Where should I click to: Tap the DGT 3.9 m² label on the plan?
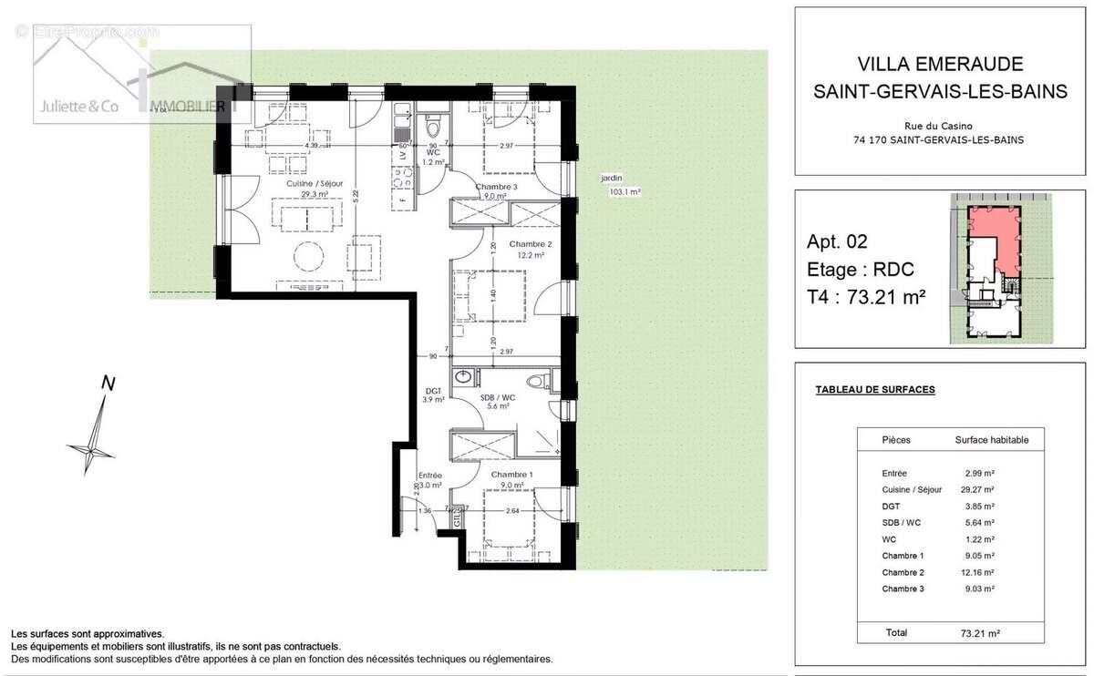pyautogui.click(x=433, y=394)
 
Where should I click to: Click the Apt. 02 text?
pyautogui.click(x=837, y=241)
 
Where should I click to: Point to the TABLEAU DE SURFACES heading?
pyautogui.click(x=874, y=390)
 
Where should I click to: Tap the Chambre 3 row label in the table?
pyautogui.click(x=903, y=589)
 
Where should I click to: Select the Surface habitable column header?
pyautogui.click(x=991, y=440)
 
